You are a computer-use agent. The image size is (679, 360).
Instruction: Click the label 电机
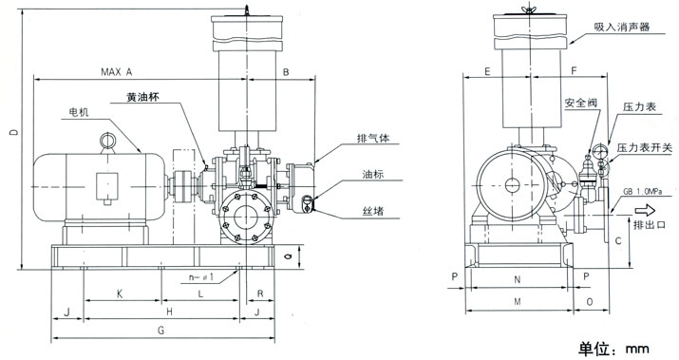79,112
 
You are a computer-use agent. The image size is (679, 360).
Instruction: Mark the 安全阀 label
578,101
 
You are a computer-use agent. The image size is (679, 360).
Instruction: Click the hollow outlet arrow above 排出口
650,211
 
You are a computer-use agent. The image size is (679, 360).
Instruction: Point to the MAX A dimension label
117,72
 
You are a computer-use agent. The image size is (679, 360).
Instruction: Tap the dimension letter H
168,312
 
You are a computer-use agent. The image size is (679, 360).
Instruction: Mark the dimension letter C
617,240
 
